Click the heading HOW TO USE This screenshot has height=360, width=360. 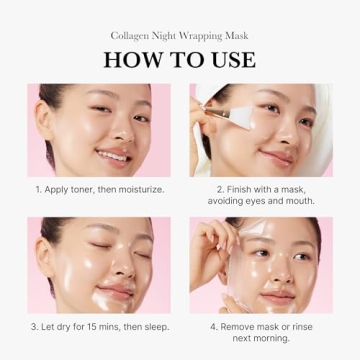pos(179,58)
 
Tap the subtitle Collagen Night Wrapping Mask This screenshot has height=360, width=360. pos(179,35)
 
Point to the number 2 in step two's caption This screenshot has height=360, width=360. pos(218,188)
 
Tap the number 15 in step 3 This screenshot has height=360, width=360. pos(103,327)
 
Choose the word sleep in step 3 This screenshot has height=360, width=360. pos(157,327)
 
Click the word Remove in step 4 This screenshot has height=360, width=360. pos(234,327)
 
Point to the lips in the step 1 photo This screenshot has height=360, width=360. pos(113,154)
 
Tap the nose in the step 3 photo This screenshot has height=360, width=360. pos(108,268)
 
